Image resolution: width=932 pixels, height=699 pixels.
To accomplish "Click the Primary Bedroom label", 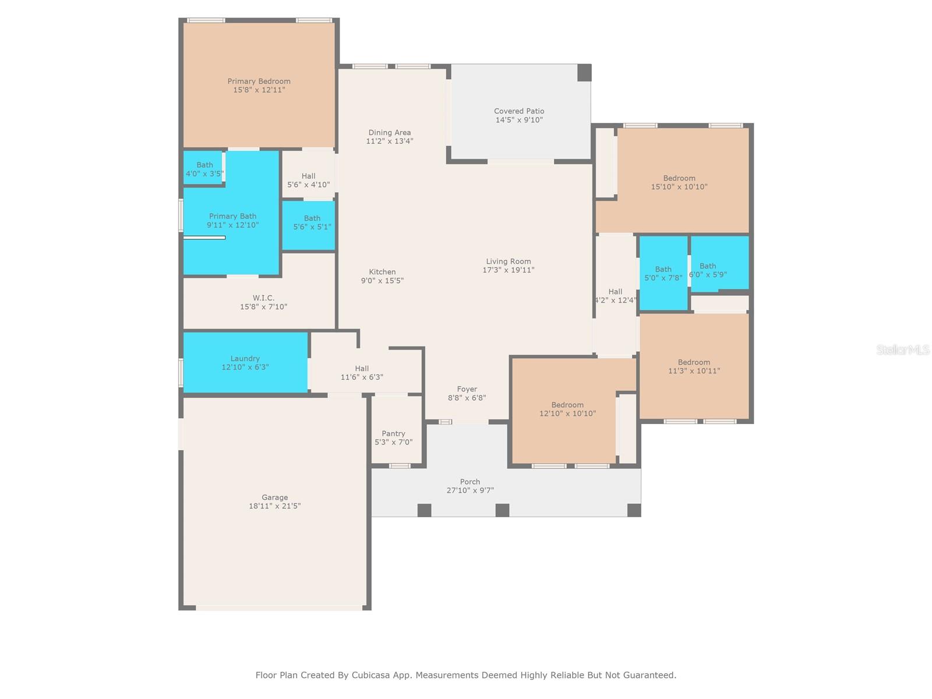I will (x=259, y=81).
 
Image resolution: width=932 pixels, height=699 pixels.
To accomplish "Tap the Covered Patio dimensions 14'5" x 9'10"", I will (x=518, y=120).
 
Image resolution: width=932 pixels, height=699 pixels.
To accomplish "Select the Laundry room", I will (x=245, y=362).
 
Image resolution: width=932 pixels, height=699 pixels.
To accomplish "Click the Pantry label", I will (x=393, y=433).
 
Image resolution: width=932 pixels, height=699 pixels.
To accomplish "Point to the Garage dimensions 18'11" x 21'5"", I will (x=274, y=506).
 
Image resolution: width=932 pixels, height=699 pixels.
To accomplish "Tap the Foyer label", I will (x=467, y=389).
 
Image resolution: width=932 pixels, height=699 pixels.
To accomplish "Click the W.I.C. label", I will (x=263, y=298).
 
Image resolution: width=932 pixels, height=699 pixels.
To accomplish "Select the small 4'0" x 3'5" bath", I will (x=204, y=168).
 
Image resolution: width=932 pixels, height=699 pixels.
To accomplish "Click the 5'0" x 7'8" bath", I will (x=663, y=273).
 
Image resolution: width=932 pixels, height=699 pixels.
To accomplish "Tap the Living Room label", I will (x=508, y=262).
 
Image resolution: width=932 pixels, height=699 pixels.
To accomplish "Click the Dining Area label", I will (x=389, y=132).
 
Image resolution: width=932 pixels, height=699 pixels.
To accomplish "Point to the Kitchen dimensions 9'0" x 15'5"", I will (x=382, y=281).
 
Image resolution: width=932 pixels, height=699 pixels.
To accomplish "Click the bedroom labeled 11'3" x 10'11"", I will (x=693, y=366).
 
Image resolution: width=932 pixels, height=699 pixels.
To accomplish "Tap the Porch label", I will (x=469, y=482).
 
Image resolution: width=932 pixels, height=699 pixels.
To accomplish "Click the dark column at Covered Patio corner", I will (x=584, y=73).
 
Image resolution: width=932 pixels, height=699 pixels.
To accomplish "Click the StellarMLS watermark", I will (x=902, y=349).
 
